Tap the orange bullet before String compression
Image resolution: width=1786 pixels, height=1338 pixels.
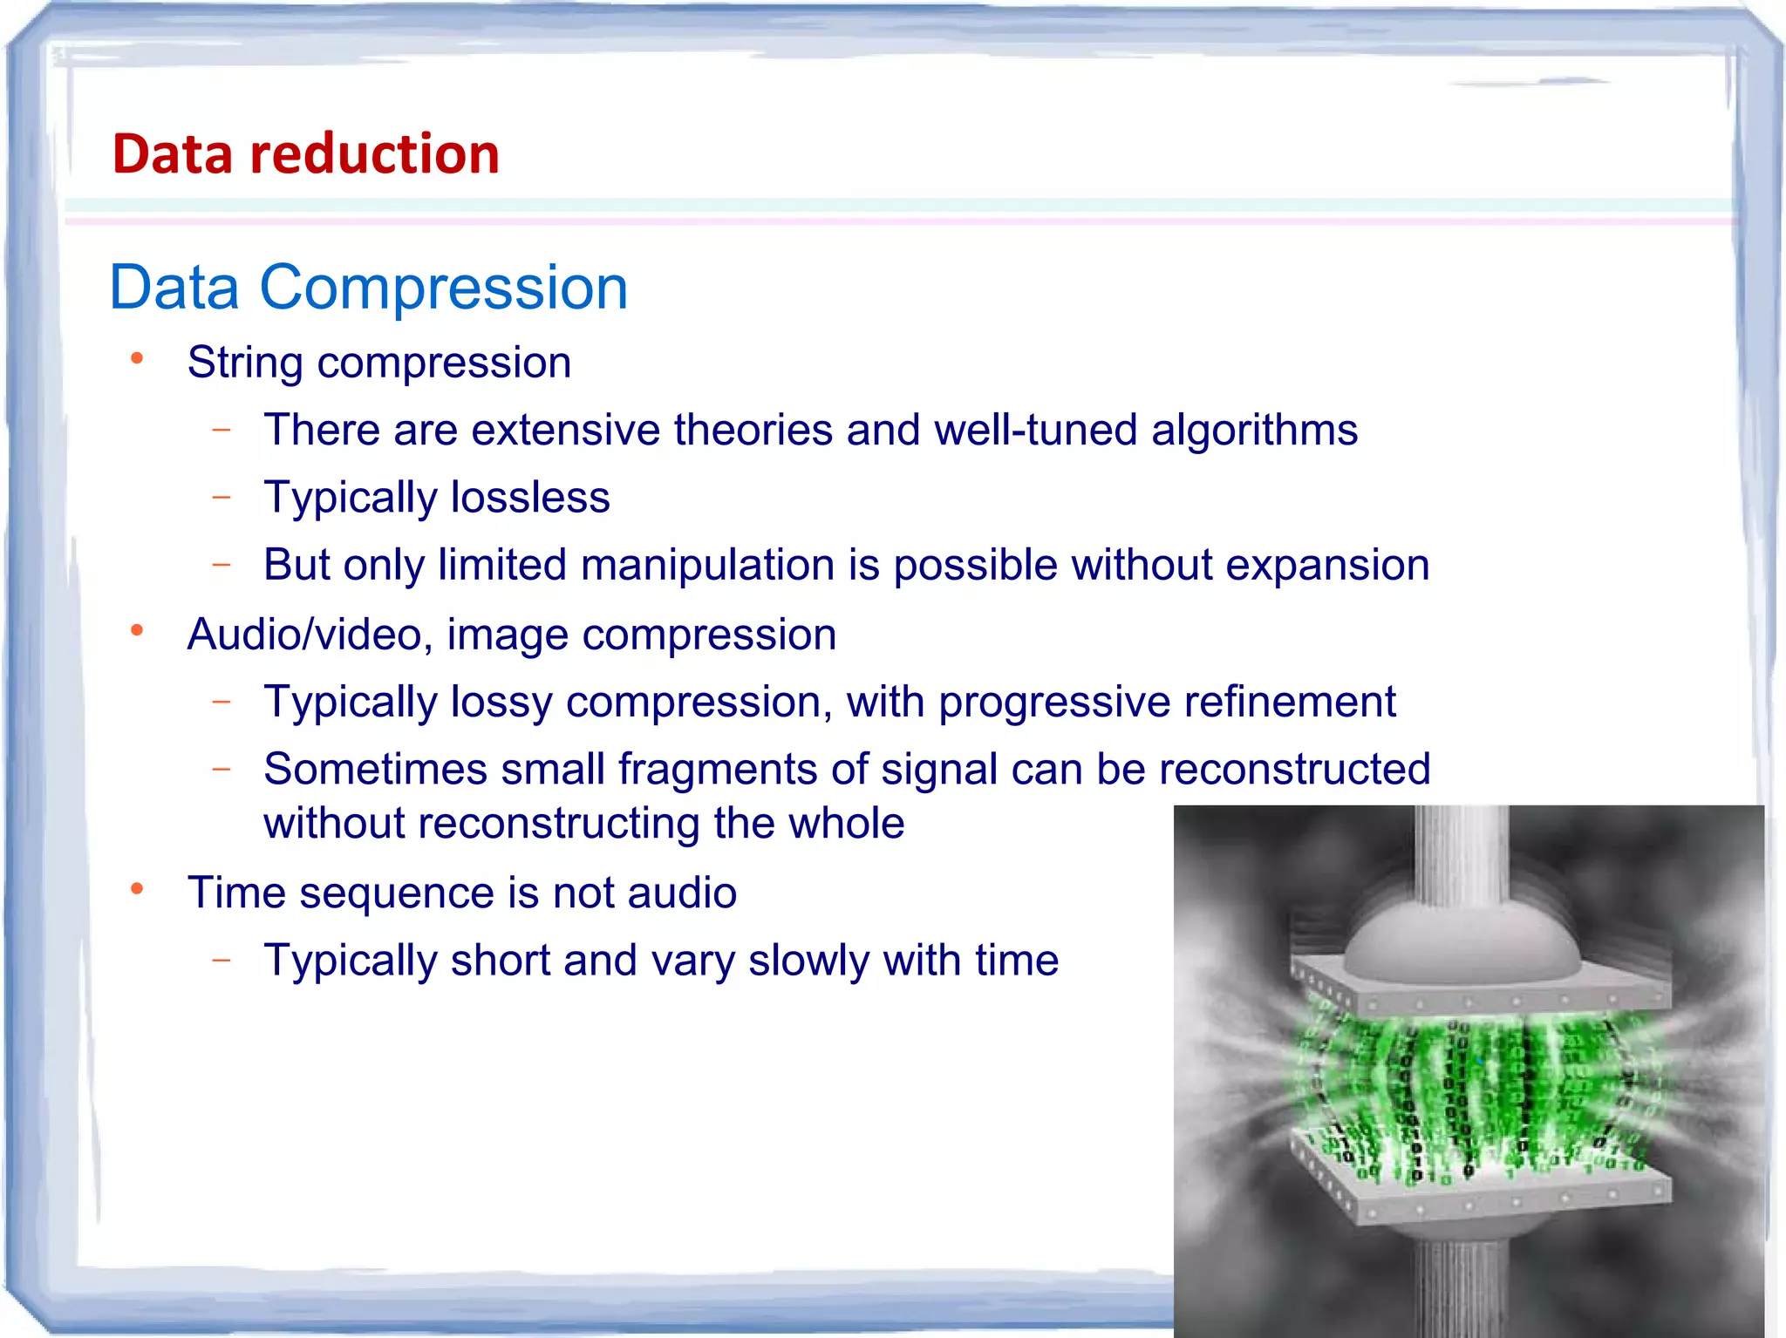pos(137,359)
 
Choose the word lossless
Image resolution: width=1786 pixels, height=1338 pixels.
pos(530,498)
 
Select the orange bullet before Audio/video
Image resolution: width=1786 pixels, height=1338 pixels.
pos(137,631)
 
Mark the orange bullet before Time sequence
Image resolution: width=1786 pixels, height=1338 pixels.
pos(137,890)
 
